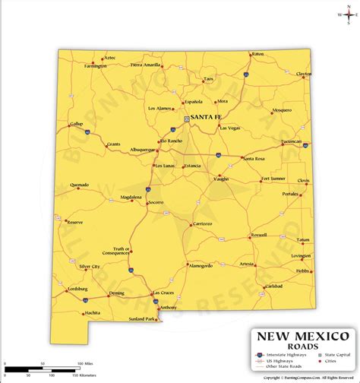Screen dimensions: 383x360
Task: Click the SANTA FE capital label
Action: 207,118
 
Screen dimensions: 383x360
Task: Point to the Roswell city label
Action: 258,235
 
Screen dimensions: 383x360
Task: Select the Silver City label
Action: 90,267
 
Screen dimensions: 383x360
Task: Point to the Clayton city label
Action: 304,74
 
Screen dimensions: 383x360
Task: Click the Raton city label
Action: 258,55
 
